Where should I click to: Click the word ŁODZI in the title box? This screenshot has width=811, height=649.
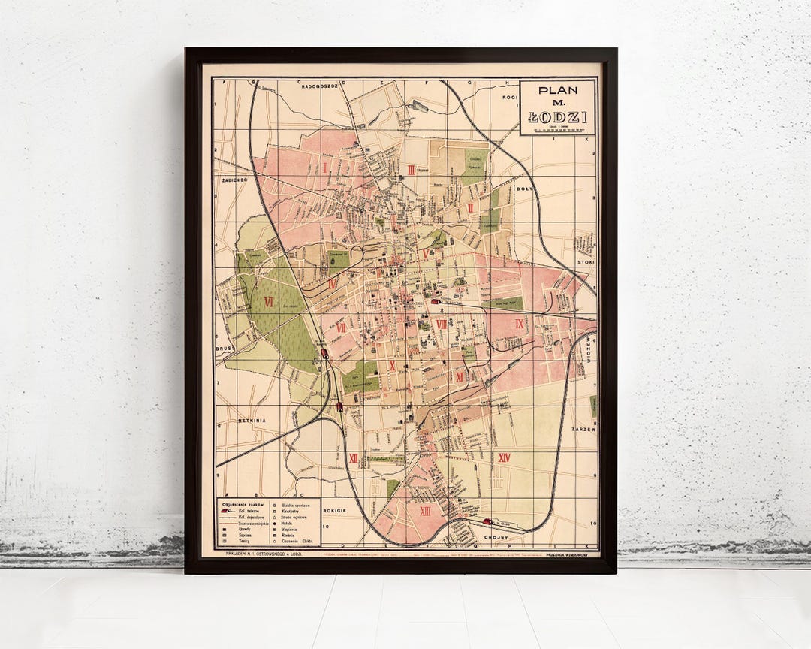[x=557, y=116]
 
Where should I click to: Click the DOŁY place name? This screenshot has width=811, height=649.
[x=524, y=189]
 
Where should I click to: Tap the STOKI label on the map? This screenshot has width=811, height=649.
[x=586, y=262]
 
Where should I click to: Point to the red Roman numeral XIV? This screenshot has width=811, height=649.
[x=505, y=457]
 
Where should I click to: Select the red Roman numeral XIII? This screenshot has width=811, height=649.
[x=426, y=511]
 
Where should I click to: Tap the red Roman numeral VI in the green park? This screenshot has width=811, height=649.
[x=268, y=300]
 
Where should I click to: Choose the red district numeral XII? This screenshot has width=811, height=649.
[x=353, y=457]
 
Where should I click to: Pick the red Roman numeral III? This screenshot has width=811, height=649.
[x=412, y=170]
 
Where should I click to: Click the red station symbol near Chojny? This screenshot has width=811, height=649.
[x=487, y=521]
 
